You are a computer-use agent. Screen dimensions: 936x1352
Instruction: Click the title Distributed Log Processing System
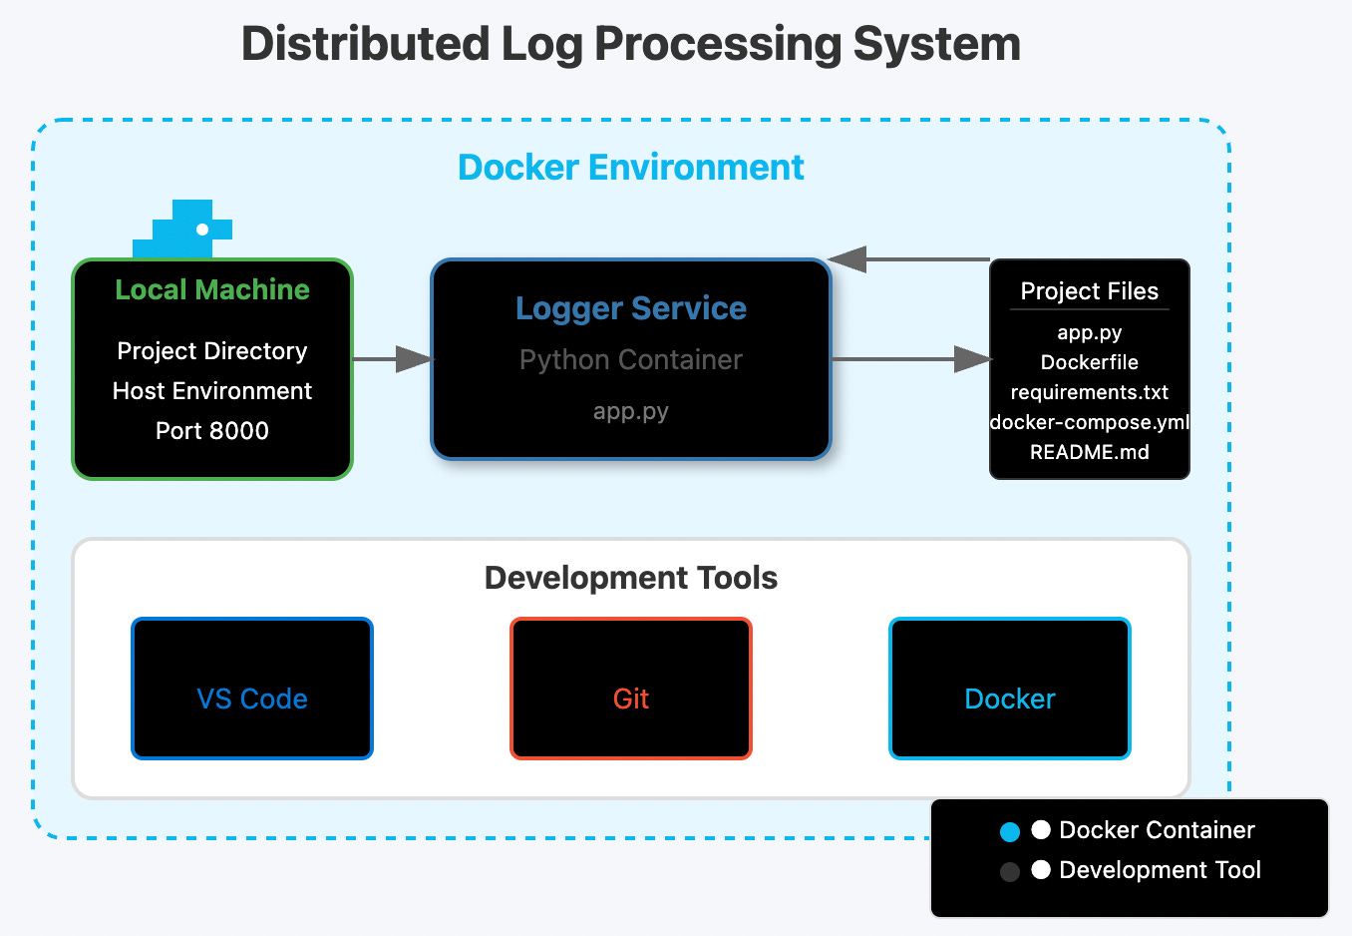pos(630,45)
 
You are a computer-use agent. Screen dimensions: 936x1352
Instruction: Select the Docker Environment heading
pos(630,168)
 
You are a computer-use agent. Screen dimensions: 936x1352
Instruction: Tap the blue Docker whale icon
pos(183,231)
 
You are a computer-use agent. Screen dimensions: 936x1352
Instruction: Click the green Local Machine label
pos(211,289)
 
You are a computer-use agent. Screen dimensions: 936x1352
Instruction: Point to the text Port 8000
pos(211,431)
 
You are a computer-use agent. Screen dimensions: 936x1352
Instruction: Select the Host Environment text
pos(211,391)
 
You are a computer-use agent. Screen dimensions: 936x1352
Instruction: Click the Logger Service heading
pos(630,308)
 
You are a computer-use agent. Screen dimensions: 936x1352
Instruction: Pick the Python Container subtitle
pos(630,360)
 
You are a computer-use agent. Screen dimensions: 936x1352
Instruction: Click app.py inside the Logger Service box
pos(630,411)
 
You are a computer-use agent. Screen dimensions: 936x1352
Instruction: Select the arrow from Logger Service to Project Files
pos(910,359)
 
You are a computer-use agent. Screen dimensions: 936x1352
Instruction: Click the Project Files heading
pos(1089,291)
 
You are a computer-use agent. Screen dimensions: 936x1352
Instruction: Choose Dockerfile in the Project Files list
pos(1089,362)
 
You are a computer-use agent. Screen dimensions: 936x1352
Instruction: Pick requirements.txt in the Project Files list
pos(1089,392)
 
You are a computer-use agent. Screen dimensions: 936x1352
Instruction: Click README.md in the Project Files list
pos(1089,452)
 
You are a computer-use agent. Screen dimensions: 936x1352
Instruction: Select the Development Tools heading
pos(630,578)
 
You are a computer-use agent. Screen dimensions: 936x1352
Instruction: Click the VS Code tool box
pos(252,689)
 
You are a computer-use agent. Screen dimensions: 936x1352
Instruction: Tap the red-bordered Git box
pos(630,689)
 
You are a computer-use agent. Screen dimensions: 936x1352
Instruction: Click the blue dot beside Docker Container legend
pos(1010,831)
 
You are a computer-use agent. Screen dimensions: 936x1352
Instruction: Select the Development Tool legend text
pos(1160,870)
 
